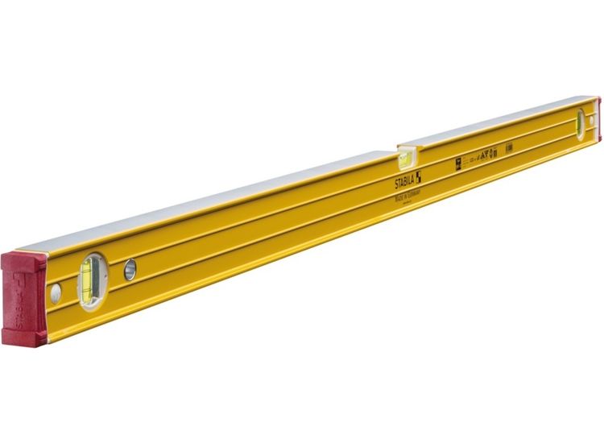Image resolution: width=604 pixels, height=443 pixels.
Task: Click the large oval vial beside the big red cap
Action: pyautogui.click(x=90, y=281)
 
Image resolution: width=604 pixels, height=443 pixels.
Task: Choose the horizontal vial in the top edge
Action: pyautogui.click(x=405, y=156)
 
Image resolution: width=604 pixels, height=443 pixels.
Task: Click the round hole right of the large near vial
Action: pyautogui.click(x=130, y=270)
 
